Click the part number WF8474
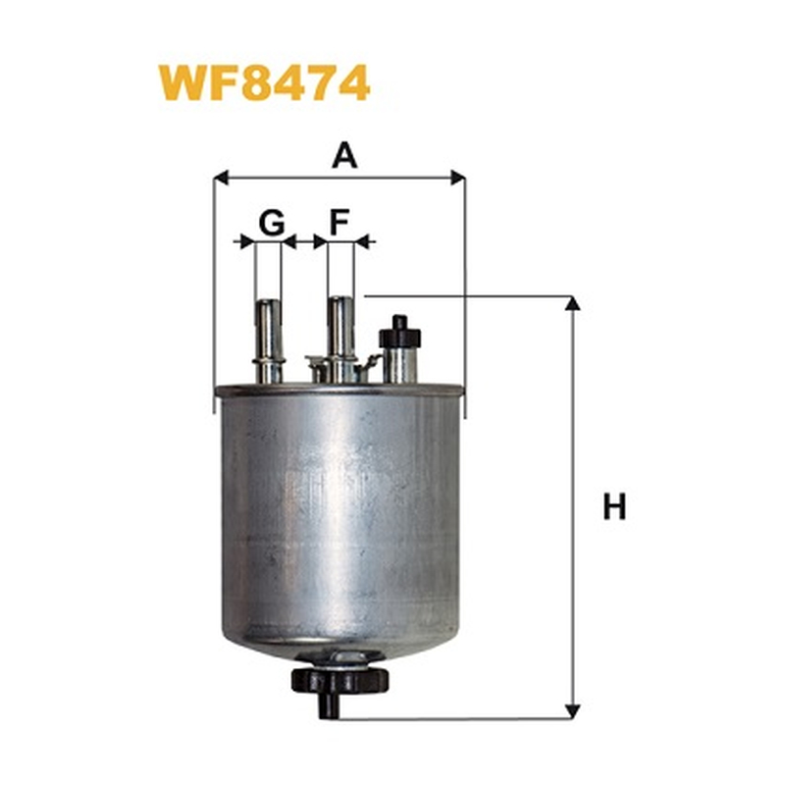point(264,82)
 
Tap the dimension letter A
point(345,155)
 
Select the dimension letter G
point(272,223)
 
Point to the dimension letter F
point(339,223)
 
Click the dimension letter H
point(614,506)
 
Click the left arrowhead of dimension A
point(221,178)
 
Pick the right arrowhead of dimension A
point(458,178)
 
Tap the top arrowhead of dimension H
point(573,303)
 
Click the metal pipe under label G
point(269,340)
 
